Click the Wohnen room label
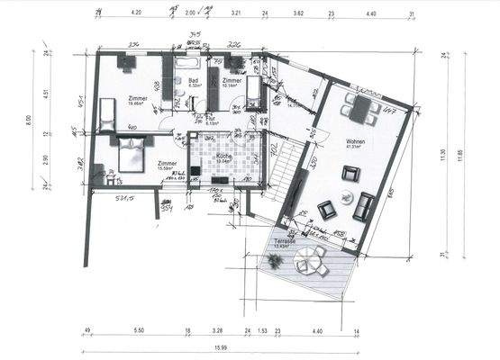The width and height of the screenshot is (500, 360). pyautogui.click(x=355, y=141)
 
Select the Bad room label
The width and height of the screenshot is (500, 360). pyautogui.click(x=194, y=80)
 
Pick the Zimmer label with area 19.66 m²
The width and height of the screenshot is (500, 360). pyautogui.click(x=138, y=98)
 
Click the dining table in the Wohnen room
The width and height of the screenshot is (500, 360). pyautogui.click(x=362, y=109)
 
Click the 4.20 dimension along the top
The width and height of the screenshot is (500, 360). pyautogui.click(x=137, y=14)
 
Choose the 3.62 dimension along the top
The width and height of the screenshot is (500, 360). pyautogui.click(x=297, y=14)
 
